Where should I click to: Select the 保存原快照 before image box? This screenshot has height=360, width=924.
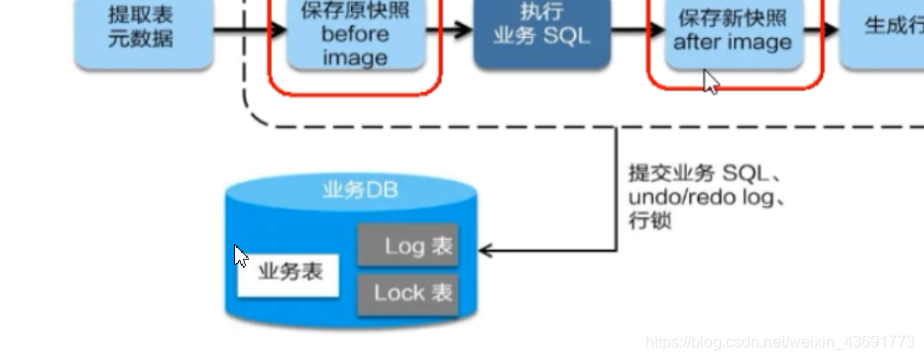[x=354, y=36]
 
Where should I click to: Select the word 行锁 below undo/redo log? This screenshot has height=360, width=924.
[x=649, y=220]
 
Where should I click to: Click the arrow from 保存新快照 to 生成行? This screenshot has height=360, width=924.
[x=823, y=30]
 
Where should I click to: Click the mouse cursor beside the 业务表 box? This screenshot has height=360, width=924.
[x=240, y=256]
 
